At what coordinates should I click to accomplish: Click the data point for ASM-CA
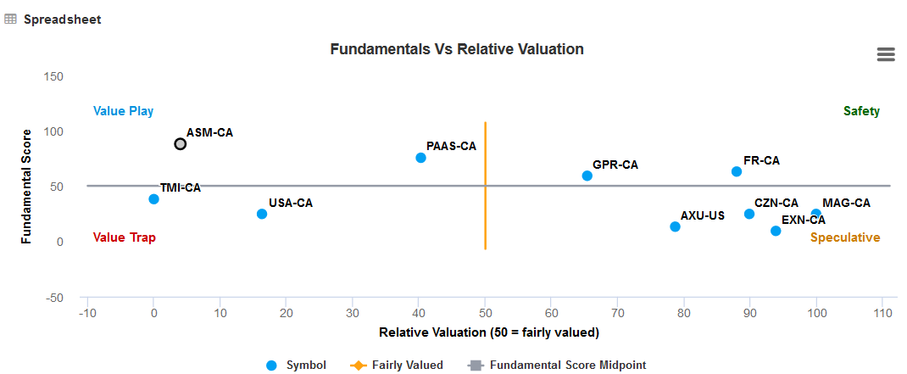(x=181, y=144)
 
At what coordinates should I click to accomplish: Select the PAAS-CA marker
(x=421, y=158)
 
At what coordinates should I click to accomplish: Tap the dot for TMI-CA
(x=154, y=199)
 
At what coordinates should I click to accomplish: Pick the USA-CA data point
(x=262, y=214)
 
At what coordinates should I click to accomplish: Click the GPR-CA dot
(x=587, y=176)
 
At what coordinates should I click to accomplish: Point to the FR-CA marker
(x=737, y=172)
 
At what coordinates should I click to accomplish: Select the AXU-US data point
(x=676, y=226)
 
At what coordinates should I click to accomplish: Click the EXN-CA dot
(x=776, y=231)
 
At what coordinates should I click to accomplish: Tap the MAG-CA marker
(x=816, y=215)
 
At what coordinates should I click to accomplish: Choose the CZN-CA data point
(x=749, y=214)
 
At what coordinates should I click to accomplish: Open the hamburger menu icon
(x=886, y=54)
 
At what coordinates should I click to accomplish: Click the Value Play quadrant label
(x=123, y=111)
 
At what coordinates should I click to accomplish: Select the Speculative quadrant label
(x=845, y=237)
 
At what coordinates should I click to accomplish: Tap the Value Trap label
(x=124, y=237)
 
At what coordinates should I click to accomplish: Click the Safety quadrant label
(x=861, y=111)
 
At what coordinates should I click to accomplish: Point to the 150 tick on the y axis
(x=53, y=76)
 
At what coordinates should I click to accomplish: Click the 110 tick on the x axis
(x=882, y=314)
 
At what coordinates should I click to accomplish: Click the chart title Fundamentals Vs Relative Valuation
(x=457, y=49)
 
